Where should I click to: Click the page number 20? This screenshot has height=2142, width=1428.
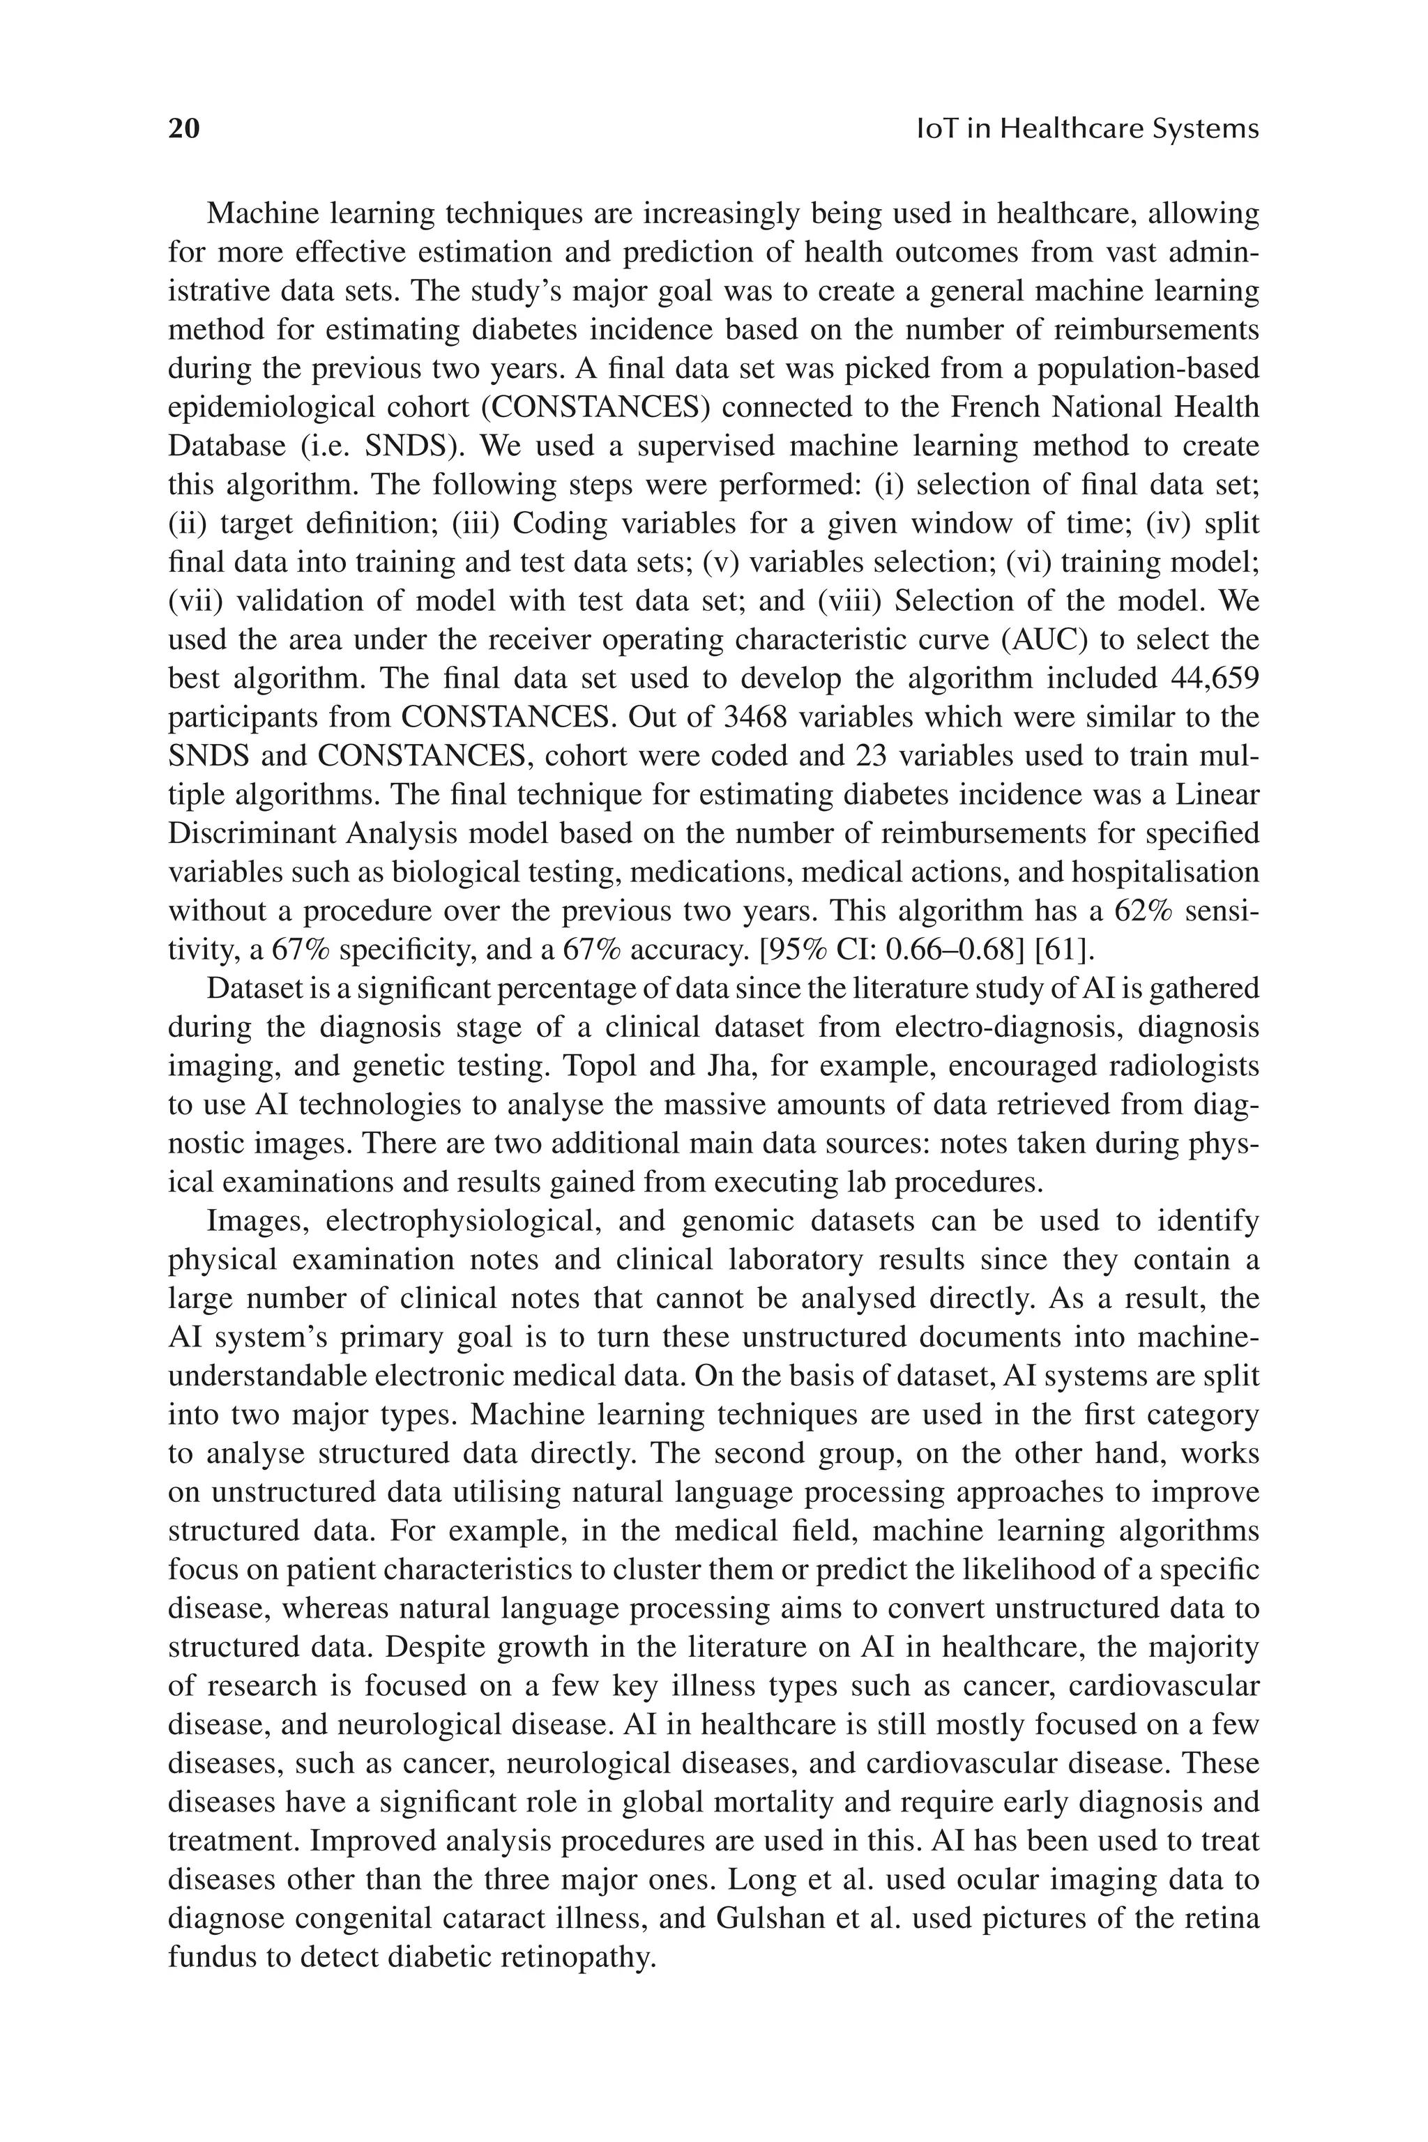pyautogui.click(x=183, y=128)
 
